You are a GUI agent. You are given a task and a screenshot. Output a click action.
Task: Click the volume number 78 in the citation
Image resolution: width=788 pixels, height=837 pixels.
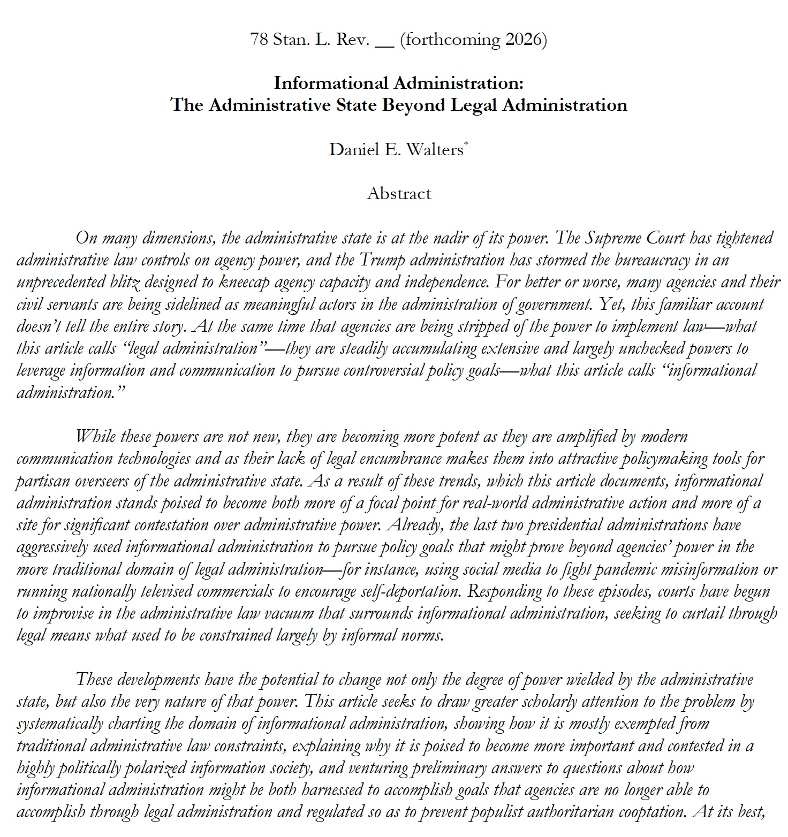pyautogui.click(x=259, y=40)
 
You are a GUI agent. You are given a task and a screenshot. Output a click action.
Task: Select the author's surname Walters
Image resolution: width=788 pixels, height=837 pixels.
pyautogui.click(x=435, y=149)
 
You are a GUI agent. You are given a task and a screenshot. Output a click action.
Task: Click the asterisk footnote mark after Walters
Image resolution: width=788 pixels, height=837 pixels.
pyautogui.click(x=466, y=143)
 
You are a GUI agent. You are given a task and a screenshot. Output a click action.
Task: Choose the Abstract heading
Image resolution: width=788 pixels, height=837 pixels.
pyautogui.click(x=399, y=193)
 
